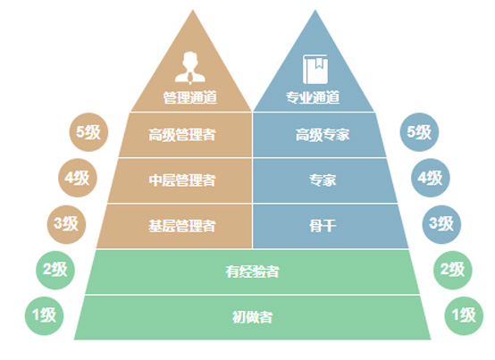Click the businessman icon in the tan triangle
(x=190, y=68)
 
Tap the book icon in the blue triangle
(x=315, y=69)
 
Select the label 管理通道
(x=190, y=97)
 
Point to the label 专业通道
(x=313, y=97)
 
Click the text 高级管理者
(x=182, y=135)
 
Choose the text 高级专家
(x=323, y=135)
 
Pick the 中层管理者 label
(x=182, y=180)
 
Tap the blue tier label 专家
(x=323, y=180)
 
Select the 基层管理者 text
(x=182, y=226)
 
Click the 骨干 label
(x=323, y=226)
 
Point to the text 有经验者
(x=252, y=272)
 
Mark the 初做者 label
(x=252, y=317)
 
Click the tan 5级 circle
(x=88, y=132)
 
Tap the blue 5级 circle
(x=419, y=132)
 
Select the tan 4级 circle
(x=78, y=178)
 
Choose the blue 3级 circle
(x=441, y=224)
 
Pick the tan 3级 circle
(x=67, y=224)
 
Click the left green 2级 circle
(x=55, y=270)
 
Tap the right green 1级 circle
(x=464, y=316)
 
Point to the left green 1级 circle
(x=44, y=316)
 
